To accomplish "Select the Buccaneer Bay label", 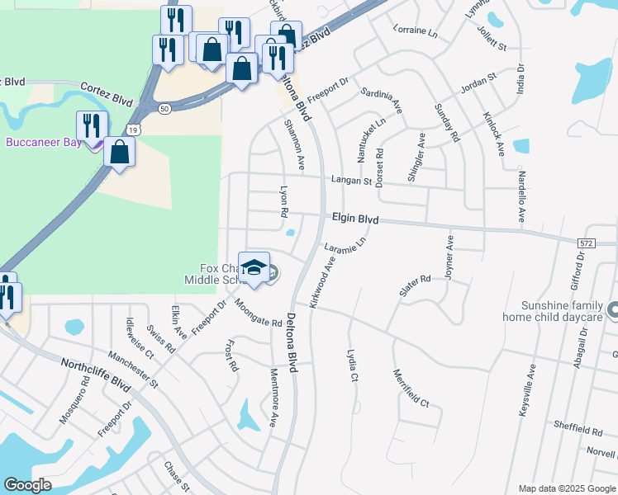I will coord(43,142).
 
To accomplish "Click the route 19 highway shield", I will coord(133,130).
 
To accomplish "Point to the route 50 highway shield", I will coord(164,108).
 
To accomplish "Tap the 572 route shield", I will coord(586,243).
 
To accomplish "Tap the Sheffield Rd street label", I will coord(578,430).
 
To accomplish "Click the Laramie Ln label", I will coord(345,246).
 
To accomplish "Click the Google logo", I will coord(28,485).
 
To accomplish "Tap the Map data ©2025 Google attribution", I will coord(566,488).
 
